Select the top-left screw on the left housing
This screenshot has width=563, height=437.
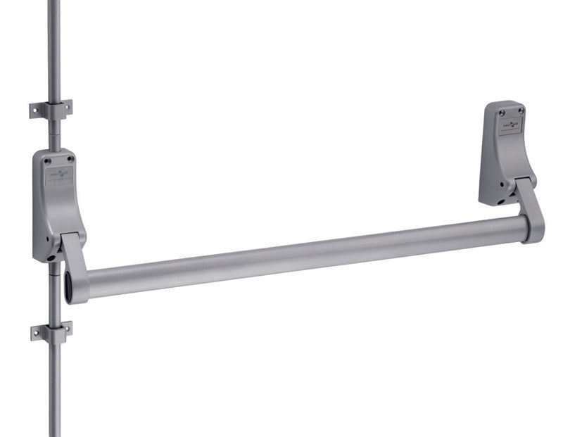[x=46, y=160]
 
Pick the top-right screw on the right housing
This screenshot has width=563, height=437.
[x=521, y=110]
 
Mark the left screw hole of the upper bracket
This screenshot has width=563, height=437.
[x=36, y=111]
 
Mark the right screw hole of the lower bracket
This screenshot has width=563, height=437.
[x=66, y=328]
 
